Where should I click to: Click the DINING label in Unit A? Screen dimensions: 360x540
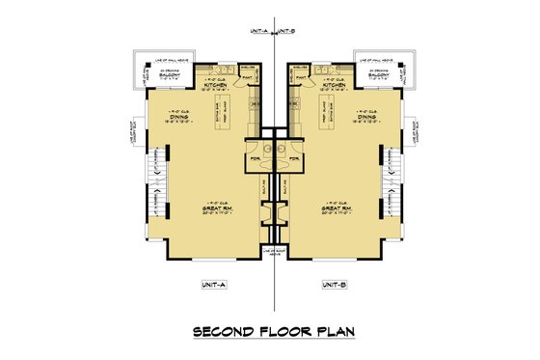182,119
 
